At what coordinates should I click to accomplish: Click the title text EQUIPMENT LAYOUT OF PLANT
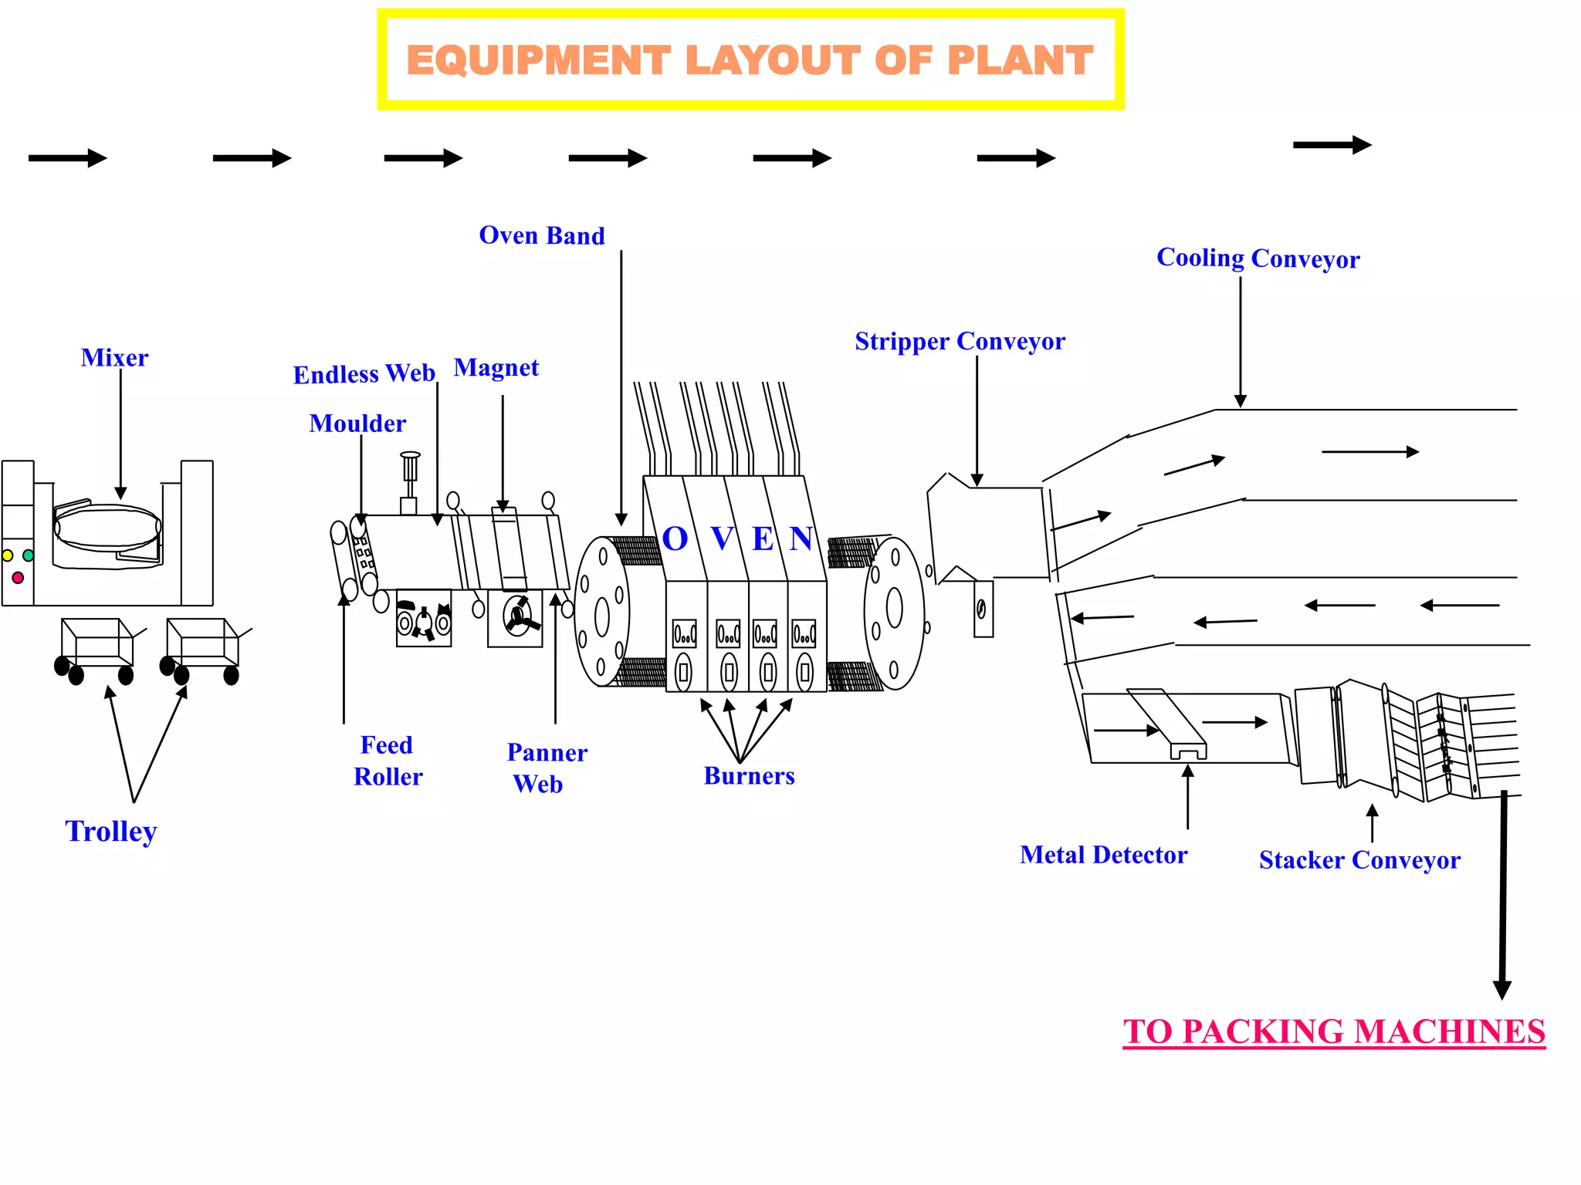750,60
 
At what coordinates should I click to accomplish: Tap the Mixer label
114,358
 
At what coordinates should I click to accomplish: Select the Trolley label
111,832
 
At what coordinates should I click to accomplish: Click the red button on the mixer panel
18,577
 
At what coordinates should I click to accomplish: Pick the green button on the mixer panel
29,555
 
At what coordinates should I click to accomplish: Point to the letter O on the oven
675,538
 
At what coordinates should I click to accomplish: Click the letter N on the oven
801,538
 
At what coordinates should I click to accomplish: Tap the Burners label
749,776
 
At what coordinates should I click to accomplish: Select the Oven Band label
542,235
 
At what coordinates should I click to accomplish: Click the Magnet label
496,368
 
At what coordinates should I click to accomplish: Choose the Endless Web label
364,374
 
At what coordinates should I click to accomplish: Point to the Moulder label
357,424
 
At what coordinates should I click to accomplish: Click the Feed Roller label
388,761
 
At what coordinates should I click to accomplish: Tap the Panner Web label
547,768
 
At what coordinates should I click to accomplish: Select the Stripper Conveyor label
960,341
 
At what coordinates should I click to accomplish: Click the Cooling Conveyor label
1258,258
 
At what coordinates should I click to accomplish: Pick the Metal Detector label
1103,855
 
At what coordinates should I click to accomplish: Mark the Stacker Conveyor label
1359,860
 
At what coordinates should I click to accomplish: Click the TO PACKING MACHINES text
1334,1031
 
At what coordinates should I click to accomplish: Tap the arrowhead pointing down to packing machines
1502,990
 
